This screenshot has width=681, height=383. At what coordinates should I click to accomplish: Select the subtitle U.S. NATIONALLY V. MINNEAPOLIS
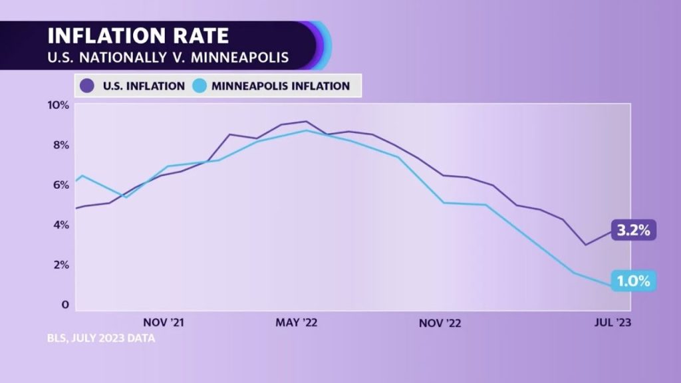(x=168, y=58)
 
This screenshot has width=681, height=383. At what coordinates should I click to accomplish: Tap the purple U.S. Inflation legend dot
(x=87, y=86)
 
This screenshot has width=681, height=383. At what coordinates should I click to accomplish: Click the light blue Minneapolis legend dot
(x=201, y=86)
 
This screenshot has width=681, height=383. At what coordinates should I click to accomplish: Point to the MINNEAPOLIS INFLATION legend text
(x=281, y=86)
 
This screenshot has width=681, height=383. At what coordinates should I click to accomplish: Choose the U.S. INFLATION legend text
(x=143, y=86)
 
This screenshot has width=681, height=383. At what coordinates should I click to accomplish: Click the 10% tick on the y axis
(x=58, y=105)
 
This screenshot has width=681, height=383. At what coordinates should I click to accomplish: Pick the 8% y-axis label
(x=61, y=145)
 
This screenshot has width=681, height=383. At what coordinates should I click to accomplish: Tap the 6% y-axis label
(x=61, y=185)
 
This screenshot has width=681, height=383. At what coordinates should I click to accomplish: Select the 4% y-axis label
(x=61, y=225)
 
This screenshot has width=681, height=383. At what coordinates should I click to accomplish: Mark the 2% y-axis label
(x=61, y=265)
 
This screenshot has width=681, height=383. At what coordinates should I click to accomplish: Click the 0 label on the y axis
(x=65, y=305)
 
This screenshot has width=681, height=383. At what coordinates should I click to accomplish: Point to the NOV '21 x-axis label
(x=163, y=322)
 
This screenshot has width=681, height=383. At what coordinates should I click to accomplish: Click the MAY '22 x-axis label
(x=297, y=322)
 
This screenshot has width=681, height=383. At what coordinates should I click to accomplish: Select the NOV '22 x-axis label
(x=439, y=322)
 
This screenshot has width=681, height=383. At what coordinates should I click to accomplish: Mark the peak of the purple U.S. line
(x=305, y=122)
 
